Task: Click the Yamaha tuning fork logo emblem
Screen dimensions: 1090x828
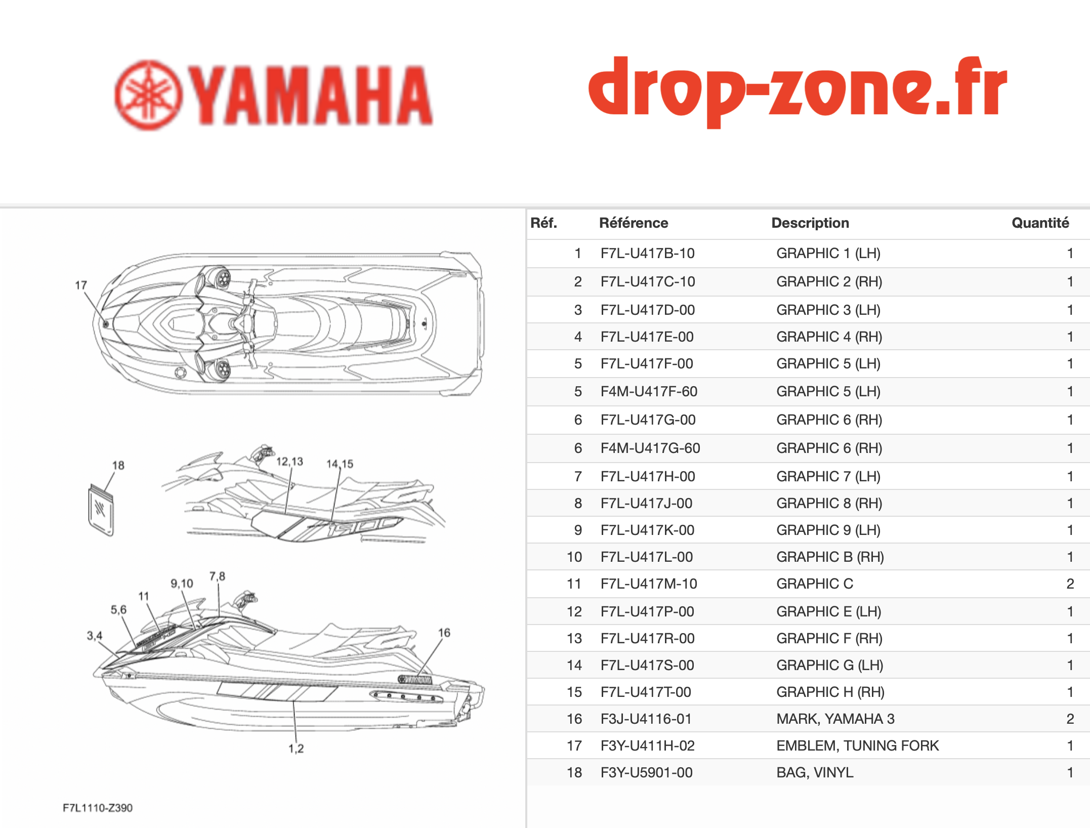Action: [x=148, y=95]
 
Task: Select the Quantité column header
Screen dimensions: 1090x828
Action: [x=1040, y=223]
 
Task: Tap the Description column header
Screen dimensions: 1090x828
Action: [x=810, y=223]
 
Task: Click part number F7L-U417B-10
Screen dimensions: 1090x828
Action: [x=647, y=253]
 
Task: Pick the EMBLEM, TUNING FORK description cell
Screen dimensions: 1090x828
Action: [x=857, y=746]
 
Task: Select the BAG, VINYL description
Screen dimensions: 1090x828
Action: [x=815, y=772]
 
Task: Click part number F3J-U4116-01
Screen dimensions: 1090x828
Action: [x=646, y=719]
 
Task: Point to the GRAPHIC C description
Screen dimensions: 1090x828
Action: [x=815, y=584]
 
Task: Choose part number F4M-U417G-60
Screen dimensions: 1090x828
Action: [x=650, y=448]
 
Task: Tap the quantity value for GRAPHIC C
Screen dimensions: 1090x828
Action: [x=1070, y=584]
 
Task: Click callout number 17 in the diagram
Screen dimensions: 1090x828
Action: [x=81, y=285]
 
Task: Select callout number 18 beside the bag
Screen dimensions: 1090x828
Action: [x=118, y=465]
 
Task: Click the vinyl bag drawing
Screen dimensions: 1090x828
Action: [x=101, y=510]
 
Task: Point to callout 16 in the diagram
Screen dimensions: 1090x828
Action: [x=444, y=633]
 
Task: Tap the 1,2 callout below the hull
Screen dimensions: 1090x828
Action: [x=296, y=749]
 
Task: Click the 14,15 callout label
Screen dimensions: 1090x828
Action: [x=340, y=464]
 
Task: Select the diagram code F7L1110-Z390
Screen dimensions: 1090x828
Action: [x=98, y=808]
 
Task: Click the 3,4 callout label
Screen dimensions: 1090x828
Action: [x=95, y=636]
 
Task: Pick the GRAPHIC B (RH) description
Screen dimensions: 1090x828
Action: [x=830, y=557]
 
